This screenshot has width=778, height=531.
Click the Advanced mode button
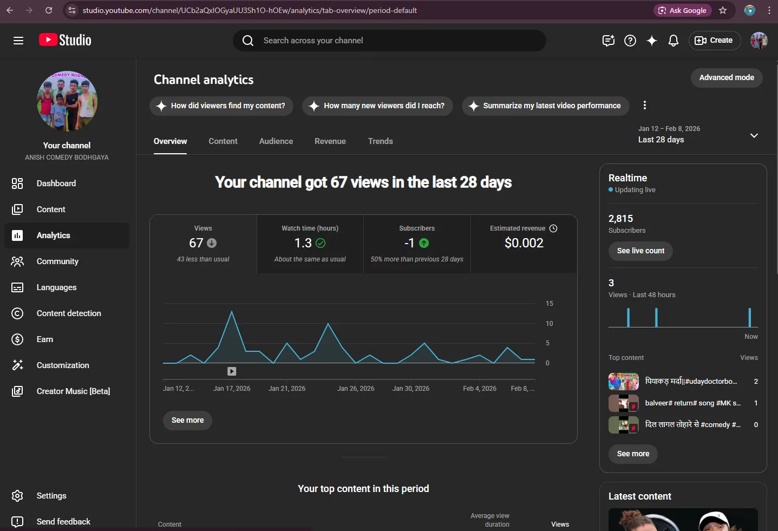pyautogui.click(x=726, y=77)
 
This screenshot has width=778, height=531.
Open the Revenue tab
pyautogui.click(x=330, y=141)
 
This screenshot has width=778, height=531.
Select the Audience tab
pyautogui.click(x=276, y=141)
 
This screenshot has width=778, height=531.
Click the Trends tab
pyautogui.click(x=380, y=141)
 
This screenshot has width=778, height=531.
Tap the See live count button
pyautogui.click(x=640, y=251)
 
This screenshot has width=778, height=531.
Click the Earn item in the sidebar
pyautogui.click(x=45, y=339)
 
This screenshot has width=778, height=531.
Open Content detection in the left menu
pyautogui.click(x=69, y=313)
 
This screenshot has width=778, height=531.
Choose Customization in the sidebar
pyautogui.click(x=63, y=365)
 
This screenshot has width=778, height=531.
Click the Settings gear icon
pyautogui.click(x=17, y=496)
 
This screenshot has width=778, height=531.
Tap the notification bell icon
pyautogui.click(x=673, y=41)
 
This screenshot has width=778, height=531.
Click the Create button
pyautogui.click(x=714, y=40)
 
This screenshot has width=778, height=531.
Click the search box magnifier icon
pyautogui.click(x=247, y=41)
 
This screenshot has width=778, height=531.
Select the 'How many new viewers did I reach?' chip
pyautogui.click(x=377, y=106)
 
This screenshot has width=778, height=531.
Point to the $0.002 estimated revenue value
pyautogui.click(x=524, y=242)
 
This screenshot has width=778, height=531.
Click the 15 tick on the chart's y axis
pyautogui.click(x=549, y=304)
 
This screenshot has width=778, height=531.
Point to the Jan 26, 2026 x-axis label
pyautogui.click(x=356, y=388)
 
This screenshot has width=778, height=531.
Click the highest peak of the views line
pyautogui.click(x=232, y=311)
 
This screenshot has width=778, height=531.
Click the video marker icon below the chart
pyautogui.click(x=232, y=371)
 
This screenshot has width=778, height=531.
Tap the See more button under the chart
pyautogui.click(x=187, y=420)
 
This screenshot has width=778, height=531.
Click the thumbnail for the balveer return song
pyautogui.click(x=623, y=403)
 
